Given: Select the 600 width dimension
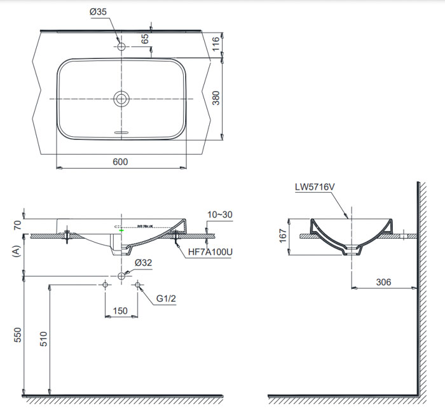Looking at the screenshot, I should (x=120, y=162).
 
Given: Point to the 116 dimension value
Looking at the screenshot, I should (x=216, y=44).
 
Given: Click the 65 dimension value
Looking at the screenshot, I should (x=146, y=39).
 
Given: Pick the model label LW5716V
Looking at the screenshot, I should (x=315, y=187).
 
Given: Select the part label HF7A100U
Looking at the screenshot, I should (x=210, y=253).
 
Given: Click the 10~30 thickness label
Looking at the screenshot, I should (x=219, y=215).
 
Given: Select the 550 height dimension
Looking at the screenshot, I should (x=18, y=335).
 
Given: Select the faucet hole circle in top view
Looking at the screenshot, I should (x=121, y=46).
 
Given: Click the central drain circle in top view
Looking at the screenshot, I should (x=121, y=99).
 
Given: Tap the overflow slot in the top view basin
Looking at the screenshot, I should (x=121, y=132).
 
